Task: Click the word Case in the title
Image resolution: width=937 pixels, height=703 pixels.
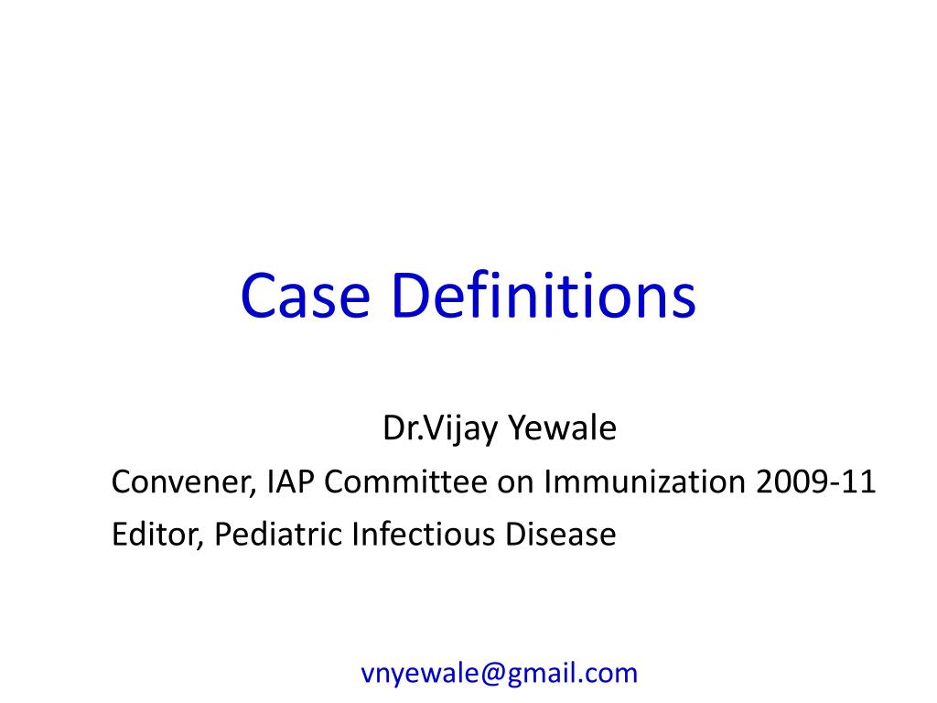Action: tap(304, 297)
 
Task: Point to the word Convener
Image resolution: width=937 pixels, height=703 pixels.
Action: tap(179, 481)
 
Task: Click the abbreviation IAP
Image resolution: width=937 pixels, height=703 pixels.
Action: tap(290, 481)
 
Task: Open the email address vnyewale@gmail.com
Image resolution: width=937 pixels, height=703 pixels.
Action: tap(500, 674)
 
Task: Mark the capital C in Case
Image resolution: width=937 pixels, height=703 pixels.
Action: tap(259, 297)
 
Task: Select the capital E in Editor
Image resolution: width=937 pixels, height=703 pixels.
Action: tap(119, 534)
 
